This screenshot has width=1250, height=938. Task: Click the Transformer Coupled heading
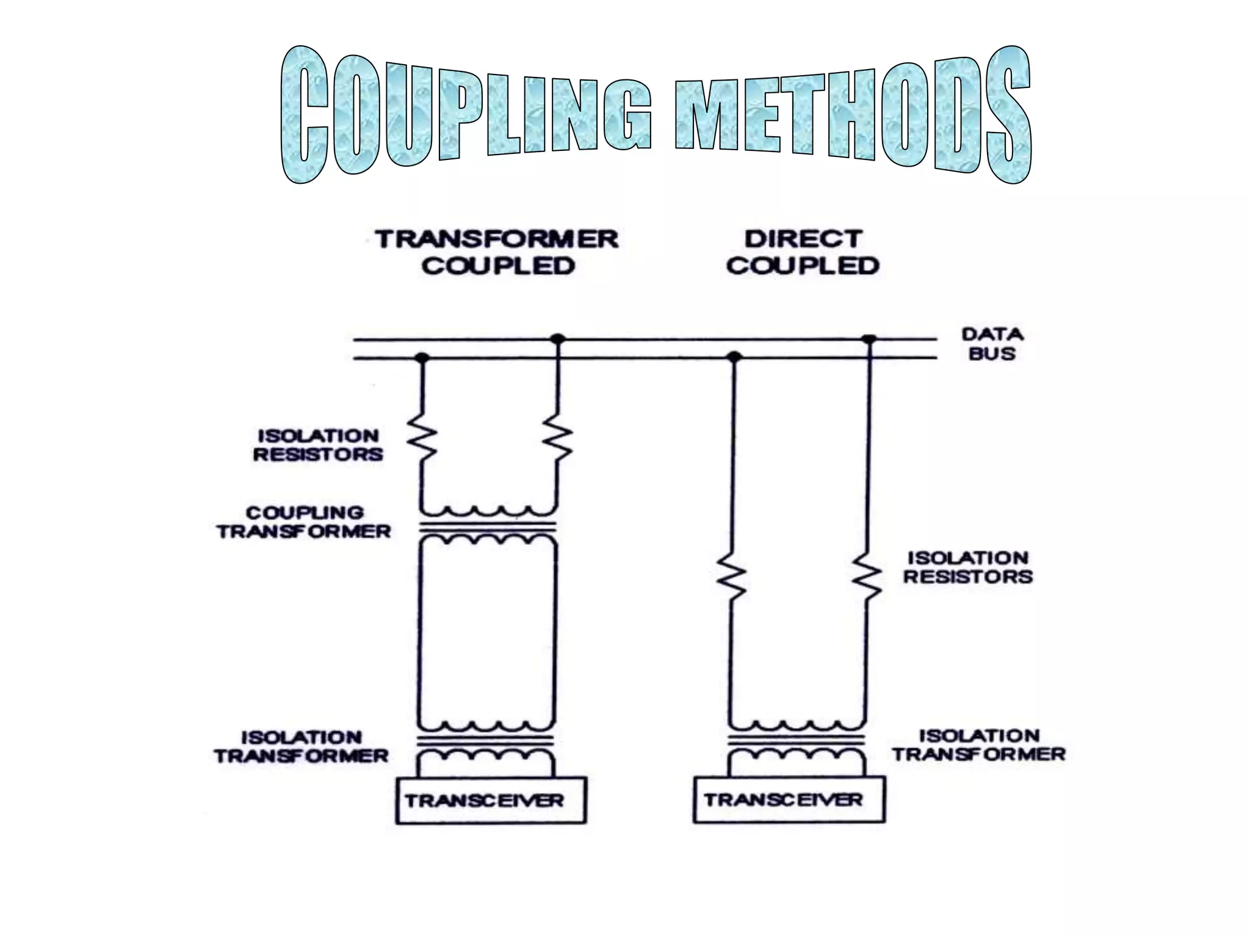point(497,252)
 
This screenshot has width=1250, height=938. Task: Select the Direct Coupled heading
point(803,252)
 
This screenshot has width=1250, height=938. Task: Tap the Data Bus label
point(992,344)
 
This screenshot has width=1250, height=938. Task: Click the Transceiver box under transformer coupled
point(491,800)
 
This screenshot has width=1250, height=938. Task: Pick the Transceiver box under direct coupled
point(789,799)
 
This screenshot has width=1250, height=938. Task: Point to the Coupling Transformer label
point(304,522)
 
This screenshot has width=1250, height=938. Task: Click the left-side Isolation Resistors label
point(318,445)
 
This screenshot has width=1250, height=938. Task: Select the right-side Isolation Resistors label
point(968,567)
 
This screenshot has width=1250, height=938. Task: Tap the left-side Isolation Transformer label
point(302,746)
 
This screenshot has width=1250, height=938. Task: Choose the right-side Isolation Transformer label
point(979,745)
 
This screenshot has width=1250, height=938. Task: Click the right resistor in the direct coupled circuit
point(867,574)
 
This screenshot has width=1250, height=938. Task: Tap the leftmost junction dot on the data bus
point(421,357)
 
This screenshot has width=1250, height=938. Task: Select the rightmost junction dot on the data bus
point(869,339)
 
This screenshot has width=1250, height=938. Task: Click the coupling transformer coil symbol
point(488,525)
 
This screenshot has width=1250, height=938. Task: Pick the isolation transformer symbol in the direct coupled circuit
point(797,741)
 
